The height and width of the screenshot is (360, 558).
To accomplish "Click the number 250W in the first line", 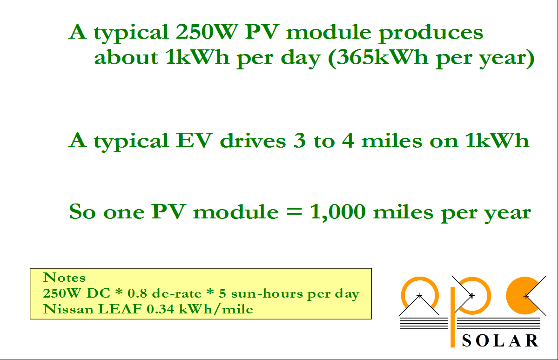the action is pyautogui.click(x=207, y=32).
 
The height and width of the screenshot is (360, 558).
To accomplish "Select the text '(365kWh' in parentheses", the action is pyautogui.click(x=378, y=58).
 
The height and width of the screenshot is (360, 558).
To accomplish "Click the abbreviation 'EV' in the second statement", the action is pyautogui.click(x=195, y=140).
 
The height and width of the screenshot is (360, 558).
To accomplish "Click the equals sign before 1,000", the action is pyautogui.click(x=294, y=212).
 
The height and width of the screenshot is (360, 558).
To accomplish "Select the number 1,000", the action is pyautogui.click(x=338, y=212).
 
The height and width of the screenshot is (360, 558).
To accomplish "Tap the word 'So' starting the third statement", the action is pyautogui.click(x=82, y=212).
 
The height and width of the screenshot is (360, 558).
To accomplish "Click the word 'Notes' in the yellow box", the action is pyautogui.click(x=64, y=278).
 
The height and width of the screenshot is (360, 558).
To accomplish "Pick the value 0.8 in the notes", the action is pyautogui.click(x=137, y=293).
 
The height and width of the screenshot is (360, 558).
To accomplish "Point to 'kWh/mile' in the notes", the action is pyautogui.click(x=216, y=309).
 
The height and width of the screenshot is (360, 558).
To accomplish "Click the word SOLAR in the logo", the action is pyautogui.click(x=500, y=341).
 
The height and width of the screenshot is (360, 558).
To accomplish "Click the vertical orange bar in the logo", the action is pyautogui.click(x=453, y=317).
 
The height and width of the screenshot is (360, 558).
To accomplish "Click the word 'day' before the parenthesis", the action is pyautogui.click(x=301, y=58).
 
